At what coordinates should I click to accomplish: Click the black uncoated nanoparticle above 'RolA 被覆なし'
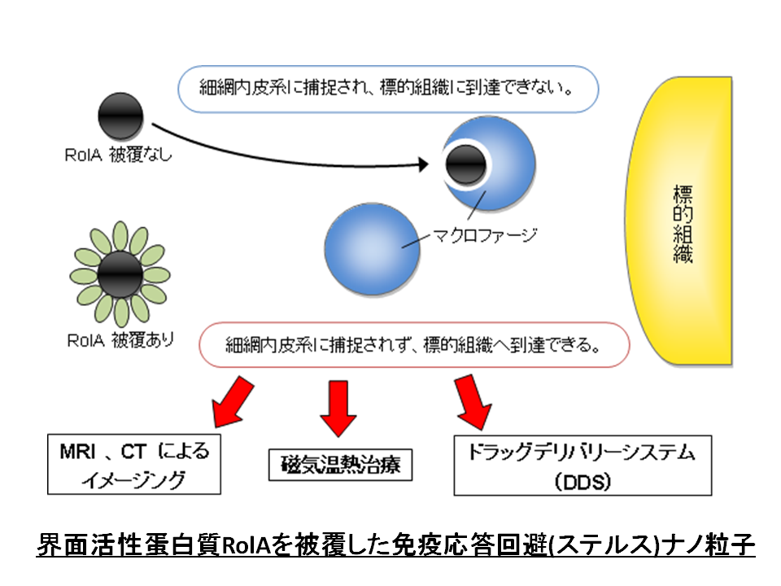pos(120,116)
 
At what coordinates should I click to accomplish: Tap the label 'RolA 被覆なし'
pos(118,155)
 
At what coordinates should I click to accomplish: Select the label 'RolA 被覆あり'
pos(120,340)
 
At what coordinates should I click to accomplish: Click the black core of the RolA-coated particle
pos(120,274)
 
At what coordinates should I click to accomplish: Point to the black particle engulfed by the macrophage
pos(465,165)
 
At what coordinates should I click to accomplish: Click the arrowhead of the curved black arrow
pos(423,164)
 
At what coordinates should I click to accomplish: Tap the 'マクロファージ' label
pos(485,234)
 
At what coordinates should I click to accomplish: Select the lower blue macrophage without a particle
pos(372,249)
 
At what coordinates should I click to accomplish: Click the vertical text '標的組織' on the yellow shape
pos(683,224)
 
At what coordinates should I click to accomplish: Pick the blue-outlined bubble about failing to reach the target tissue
pos(388,90)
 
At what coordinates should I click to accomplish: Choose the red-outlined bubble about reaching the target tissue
pos(414,345)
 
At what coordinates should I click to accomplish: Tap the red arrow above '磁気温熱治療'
pos(338,409)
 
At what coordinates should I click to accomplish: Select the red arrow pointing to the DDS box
pos(472,402)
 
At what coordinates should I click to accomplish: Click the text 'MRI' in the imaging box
pos(77,452)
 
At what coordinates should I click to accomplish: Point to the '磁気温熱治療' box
pos(340,465)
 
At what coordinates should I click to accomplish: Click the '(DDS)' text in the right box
pos(582,482)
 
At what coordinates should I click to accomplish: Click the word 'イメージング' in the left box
pos(134,480)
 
